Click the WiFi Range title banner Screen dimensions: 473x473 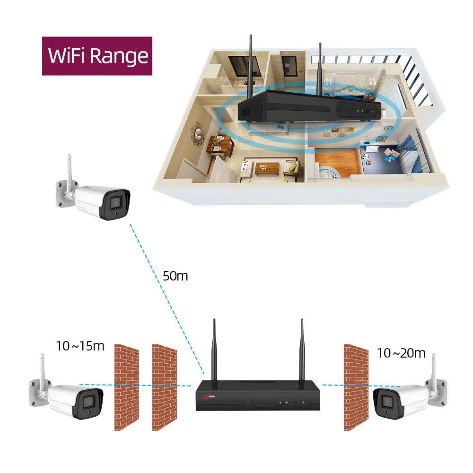click(x=97, y=56)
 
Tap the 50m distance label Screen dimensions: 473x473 click(x=175, y=276)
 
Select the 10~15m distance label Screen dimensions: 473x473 click(x=80, y=346)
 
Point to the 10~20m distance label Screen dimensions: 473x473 click(x=401, y=353)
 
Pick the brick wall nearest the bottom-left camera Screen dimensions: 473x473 click(x=127, y=387)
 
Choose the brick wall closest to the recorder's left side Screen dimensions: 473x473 click(x=164, y=387)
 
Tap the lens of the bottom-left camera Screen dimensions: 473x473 click(x=88, y=402)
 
